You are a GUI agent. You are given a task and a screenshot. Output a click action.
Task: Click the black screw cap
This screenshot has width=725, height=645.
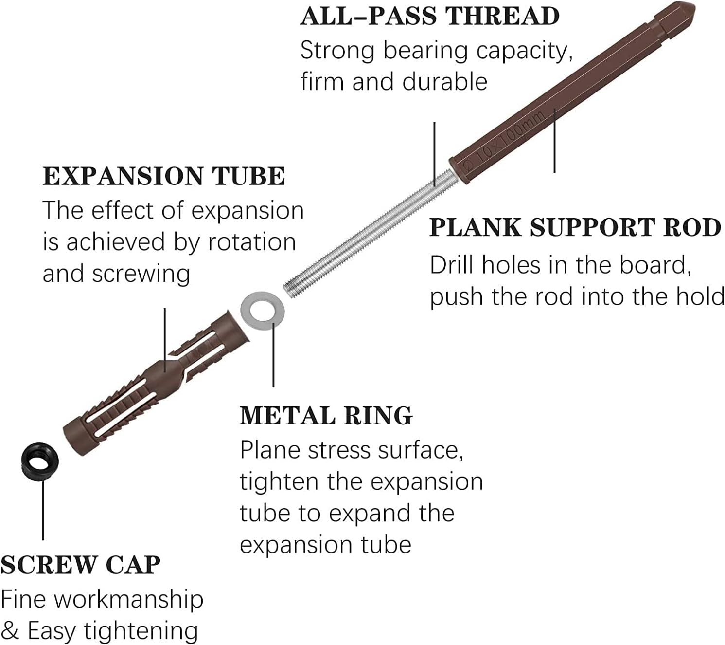point(40,461)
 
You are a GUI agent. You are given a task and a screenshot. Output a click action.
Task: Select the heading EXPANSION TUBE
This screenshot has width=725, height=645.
point(164,176)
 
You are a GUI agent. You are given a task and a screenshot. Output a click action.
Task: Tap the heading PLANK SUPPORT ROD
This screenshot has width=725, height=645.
point(575,228)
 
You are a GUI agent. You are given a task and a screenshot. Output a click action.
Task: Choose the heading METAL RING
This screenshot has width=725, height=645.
point(326,416)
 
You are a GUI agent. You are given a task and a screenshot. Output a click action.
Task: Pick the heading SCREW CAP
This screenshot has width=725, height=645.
point(80,565)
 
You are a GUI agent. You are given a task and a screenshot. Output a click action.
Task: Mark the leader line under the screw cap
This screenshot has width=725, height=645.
point(43,509)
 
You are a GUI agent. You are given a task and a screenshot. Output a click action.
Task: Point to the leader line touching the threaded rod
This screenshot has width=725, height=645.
point(435,153)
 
